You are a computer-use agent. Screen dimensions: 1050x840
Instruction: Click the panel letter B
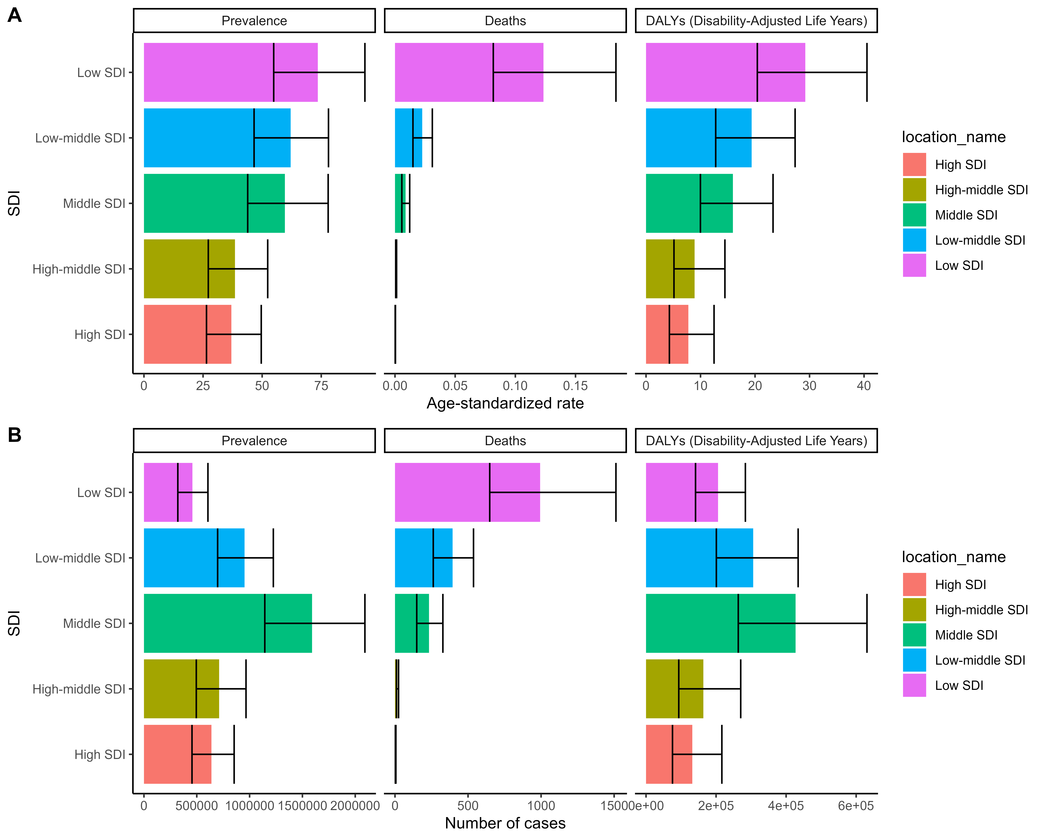pyautogui.click(x=15, y=435)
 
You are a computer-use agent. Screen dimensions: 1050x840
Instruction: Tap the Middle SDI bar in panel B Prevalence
pyautogui.click(x=228, y=623)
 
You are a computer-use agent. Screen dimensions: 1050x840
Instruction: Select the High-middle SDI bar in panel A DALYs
pyautogui.click(x=670, y=269)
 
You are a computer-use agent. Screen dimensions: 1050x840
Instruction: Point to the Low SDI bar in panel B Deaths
pyautogui.click(x=468, y=492)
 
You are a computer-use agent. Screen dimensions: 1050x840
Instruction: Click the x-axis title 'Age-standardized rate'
pyautogui.click(x=505, y=403)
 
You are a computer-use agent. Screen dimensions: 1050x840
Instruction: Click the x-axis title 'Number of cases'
pyautogui.click(x=505, y=823)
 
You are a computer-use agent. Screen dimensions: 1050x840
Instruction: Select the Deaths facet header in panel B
pyautogui.click(x=505, y=441)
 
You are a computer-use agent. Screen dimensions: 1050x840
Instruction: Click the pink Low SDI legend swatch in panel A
pyautogui.click(x=914, y=265)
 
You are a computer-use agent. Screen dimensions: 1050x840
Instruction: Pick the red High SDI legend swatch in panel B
pyautogui.click(x=914, y=584)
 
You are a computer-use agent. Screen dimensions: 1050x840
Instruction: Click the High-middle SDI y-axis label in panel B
pyautogui.click(x=79, y=689)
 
